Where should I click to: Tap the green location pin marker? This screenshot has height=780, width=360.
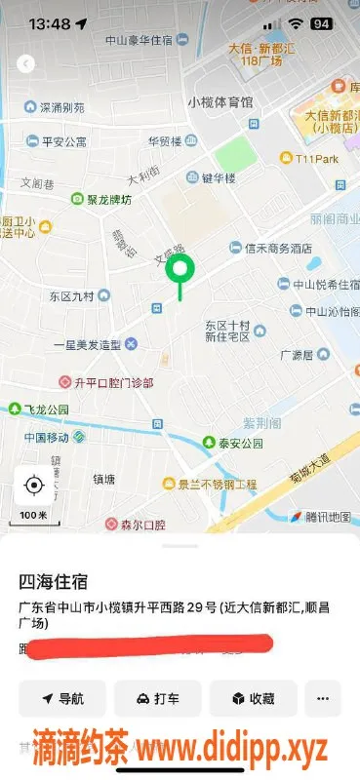point(179,268)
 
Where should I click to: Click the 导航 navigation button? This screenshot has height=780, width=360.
point(61,699)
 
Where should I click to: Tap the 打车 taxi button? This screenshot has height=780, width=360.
point(157,699)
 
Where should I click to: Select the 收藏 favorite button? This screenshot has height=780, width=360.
point(252,699)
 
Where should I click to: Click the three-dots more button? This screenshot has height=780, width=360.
point(323,699)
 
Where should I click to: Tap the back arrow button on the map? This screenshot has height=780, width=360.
point(26,63)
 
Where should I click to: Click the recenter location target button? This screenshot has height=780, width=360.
point(34,485)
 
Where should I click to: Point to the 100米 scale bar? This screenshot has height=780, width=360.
point(34,515)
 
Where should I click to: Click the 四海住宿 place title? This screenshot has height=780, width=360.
point(54,582)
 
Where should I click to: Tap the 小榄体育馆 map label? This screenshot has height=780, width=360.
point(220,102)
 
